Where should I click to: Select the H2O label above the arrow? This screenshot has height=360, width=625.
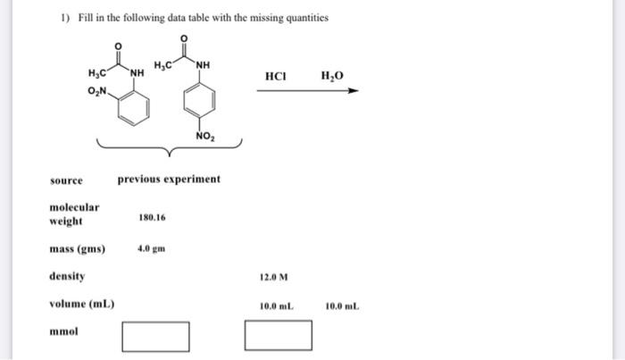tap(331, 76)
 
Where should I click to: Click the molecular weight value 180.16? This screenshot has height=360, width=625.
tap(152, 217)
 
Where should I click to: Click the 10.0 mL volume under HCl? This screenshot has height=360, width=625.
tap(275, 306)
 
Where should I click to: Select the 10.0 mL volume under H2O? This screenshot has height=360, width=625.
tap(342, 306)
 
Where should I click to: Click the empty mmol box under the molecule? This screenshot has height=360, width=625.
tap(155, 336)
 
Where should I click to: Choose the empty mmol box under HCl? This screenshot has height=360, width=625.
tap(279, 336)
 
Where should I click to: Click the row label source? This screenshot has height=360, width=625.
tap(66, 180)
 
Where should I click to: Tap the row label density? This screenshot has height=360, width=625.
tap(67, 277)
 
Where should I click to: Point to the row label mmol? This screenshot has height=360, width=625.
tap(63, 331)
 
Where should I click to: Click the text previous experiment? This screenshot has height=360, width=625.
tap(169, 180)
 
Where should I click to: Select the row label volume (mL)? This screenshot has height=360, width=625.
tap(81, 304)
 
